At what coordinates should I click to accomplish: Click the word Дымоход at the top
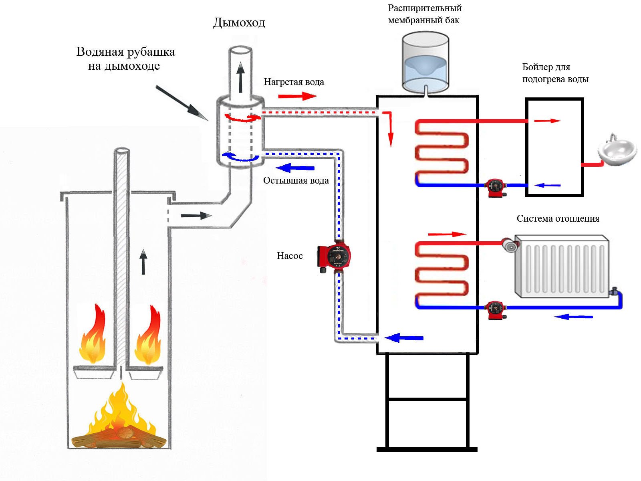pyautogui.click(x=239, y=22)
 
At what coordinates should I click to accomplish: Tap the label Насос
pyautogui.click(x=290, y=256)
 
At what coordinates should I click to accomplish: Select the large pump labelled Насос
pyautogui.click(x=335, y=257)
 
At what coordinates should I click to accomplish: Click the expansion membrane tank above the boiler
pyautogui.click(x=425, y=62)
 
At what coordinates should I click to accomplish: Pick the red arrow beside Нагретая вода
pyautogui.click(x=297, y=96)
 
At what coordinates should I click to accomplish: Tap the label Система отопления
pyautogui.click(x=558, y=219)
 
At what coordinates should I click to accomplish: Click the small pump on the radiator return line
pyautogui.click(x=496, y=309)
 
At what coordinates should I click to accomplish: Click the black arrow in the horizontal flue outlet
pyautogui.click(x=196, y=216)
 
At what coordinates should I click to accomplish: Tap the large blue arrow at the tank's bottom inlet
pyautogui.click(x=404, y=338)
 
